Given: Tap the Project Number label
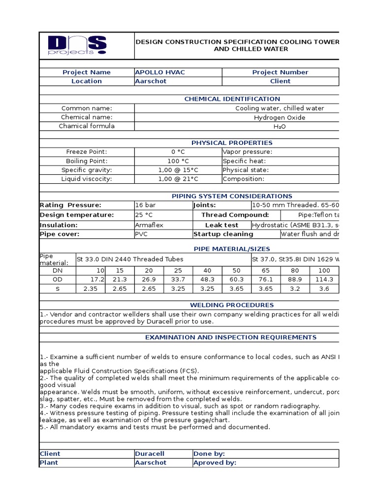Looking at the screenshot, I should (280, 72).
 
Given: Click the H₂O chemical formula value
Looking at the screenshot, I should (280, 126).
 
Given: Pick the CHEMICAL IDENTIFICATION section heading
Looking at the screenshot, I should (232, 99).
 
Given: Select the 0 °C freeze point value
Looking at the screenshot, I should (178, 152).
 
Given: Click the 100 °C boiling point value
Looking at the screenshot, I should (178, 161).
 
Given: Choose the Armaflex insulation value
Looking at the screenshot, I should (149, 225).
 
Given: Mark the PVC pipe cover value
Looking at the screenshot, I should (141, 234).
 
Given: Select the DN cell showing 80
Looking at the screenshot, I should (295, 271).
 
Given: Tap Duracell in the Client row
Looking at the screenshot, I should (150, 454).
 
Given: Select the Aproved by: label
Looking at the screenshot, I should (215, 463).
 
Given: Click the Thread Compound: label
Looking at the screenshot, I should (235, 215).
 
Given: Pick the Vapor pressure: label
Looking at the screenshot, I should (247, 152).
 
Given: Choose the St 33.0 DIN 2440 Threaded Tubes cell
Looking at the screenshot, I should (130, 259).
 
